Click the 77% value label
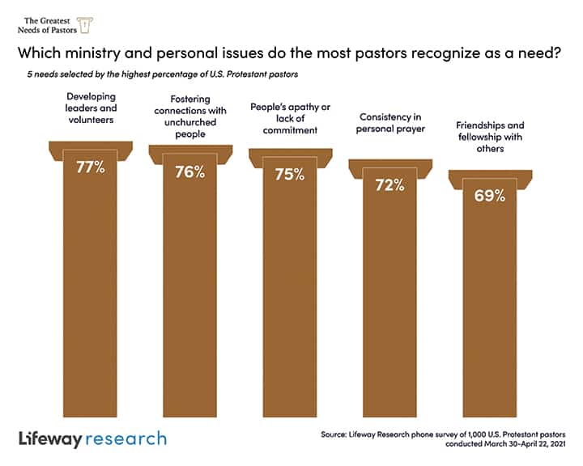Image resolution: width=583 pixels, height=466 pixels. pyautogui.click(x=90, y=169)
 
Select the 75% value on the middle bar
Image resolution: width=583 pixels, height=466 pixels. pyautogui.click(x=289, y=174)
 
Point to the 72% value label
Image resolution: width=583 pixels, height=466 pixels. pyautogui.click(x=389, y=184)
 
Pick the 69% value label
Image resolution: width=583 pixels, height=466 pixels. pyautogui.click(x=489, y=195)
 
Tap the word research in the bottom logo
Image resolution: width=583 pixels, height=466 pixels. pyautogui.click(x=129, y=438)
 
